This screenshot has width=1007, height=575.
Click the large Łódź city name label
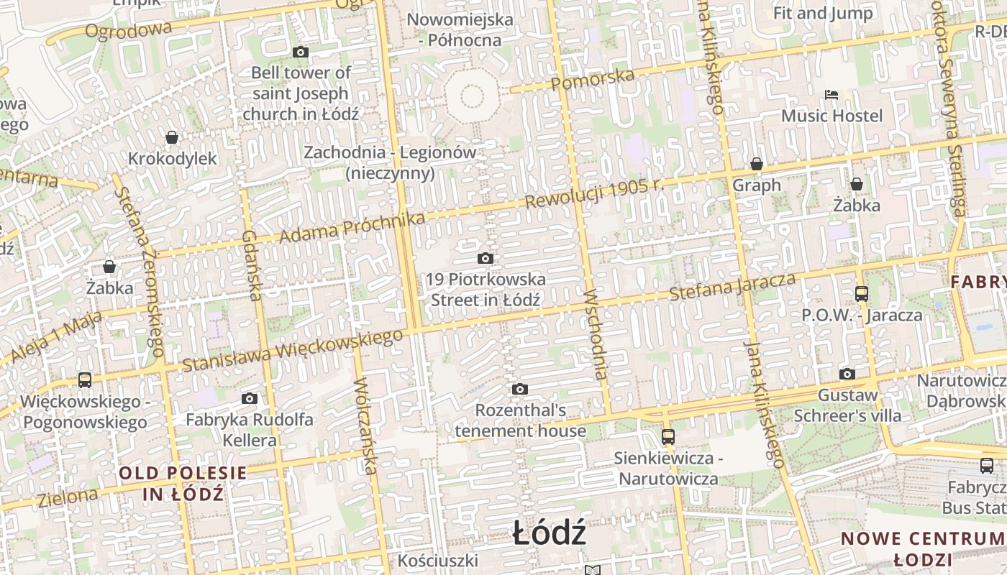pos(550,534)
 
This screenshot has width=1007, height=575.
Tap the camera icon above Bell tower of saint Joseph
pos(301,52)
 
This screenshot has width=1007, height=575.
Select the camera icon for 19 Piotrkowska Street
pos(486,258)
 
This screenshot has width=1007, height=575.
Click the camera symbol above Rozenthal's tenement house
pos(519,390)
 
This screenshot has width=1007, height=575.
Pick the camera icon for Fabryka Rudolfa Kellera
pos(250,398)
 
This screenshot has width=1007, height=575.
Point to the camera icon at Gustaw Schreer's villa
pos(847,374)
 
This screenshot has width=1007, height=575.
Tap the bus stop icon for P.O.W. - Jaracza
pos(861,293)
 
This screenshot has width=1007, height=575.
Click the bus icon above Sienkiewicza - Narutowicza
pos(668,436)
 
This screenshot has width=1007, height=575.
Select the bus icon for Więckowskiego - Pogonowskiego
pos(85,379)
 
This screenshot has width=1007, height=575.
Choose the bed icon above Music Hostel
pos(831,94)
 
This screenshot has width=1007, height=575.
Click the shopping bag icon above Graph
pos(756,164)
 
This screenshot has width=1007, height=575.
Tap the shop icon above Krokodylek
pos(172,137)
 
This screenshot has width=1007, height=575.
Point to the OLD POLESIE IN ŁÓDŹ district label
pos(183,484)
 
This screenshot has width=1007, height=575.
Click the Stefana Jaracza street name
pos(732,286)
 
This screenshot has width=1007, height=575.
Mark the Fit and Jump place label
pos(823,13)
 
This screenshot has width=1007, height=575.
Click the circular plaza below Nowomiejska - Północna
pos(471,95)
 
